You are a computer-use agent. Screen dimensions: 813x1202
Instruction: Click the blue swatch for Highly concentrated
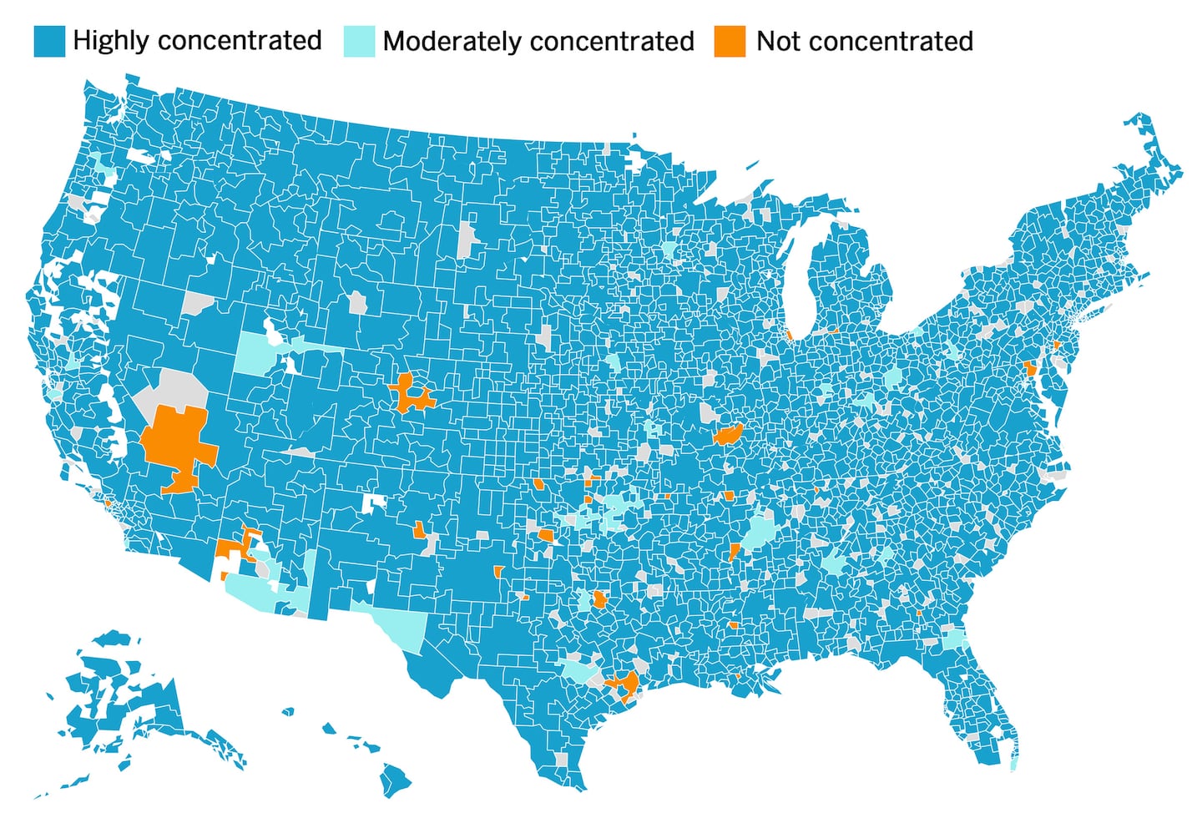point(48,41)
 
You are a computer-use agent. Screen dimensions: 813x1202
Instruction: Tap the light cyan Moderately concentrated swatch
point(359,41)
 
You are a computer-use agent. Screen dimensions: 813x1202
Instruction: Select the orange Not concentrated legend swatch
point(730,41)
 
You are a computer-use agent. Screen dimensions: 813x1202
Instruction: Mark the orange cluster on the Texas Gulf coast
point(624,684)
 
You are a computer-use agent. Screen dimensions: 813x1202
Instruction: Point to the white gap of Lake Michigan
point(796,275)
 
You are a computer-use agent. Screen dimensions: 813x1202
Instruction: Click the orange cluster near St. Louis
point(728,434)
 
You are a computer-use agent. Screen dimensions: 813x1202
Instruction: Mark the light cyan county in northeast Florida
point(954,639)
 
